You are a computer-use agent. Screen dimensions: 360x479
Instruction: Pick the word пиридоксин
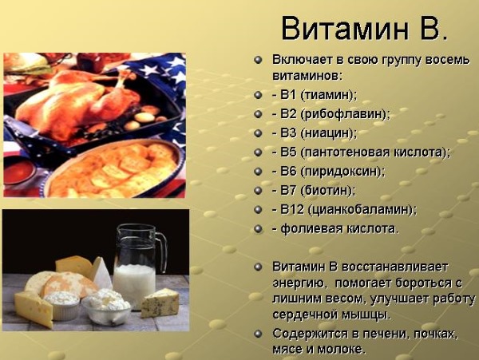point(344,171)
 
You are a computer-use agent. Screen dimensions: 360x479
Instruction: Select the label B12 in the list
point(289,209)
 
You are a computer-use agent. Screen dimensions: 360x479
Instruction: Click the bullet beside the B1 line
point(258,94)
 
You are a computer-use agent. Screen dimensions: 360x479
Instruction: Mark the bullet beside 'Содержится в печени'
point(258,333)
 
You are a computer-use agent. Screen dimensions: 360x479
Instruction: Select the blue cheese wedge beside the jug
point(160,302)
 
